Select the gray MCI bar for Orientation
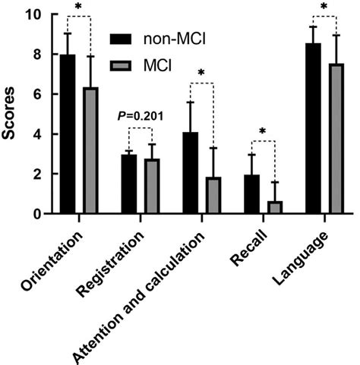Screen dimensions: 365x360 click(90, 151)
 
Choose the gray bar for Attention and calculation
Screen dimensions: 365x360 click(213, 196)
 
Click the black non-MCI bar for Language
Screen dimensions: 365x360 click(313, 129)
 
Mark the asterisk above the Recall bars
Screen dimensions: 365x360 click(263, 131)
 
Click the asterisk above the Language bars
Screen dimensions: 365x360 click(324, 9)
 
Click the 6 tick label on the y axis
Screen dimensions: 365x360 click(38, 94)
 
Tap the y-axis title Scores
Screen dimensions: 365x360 click(11, 114)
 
